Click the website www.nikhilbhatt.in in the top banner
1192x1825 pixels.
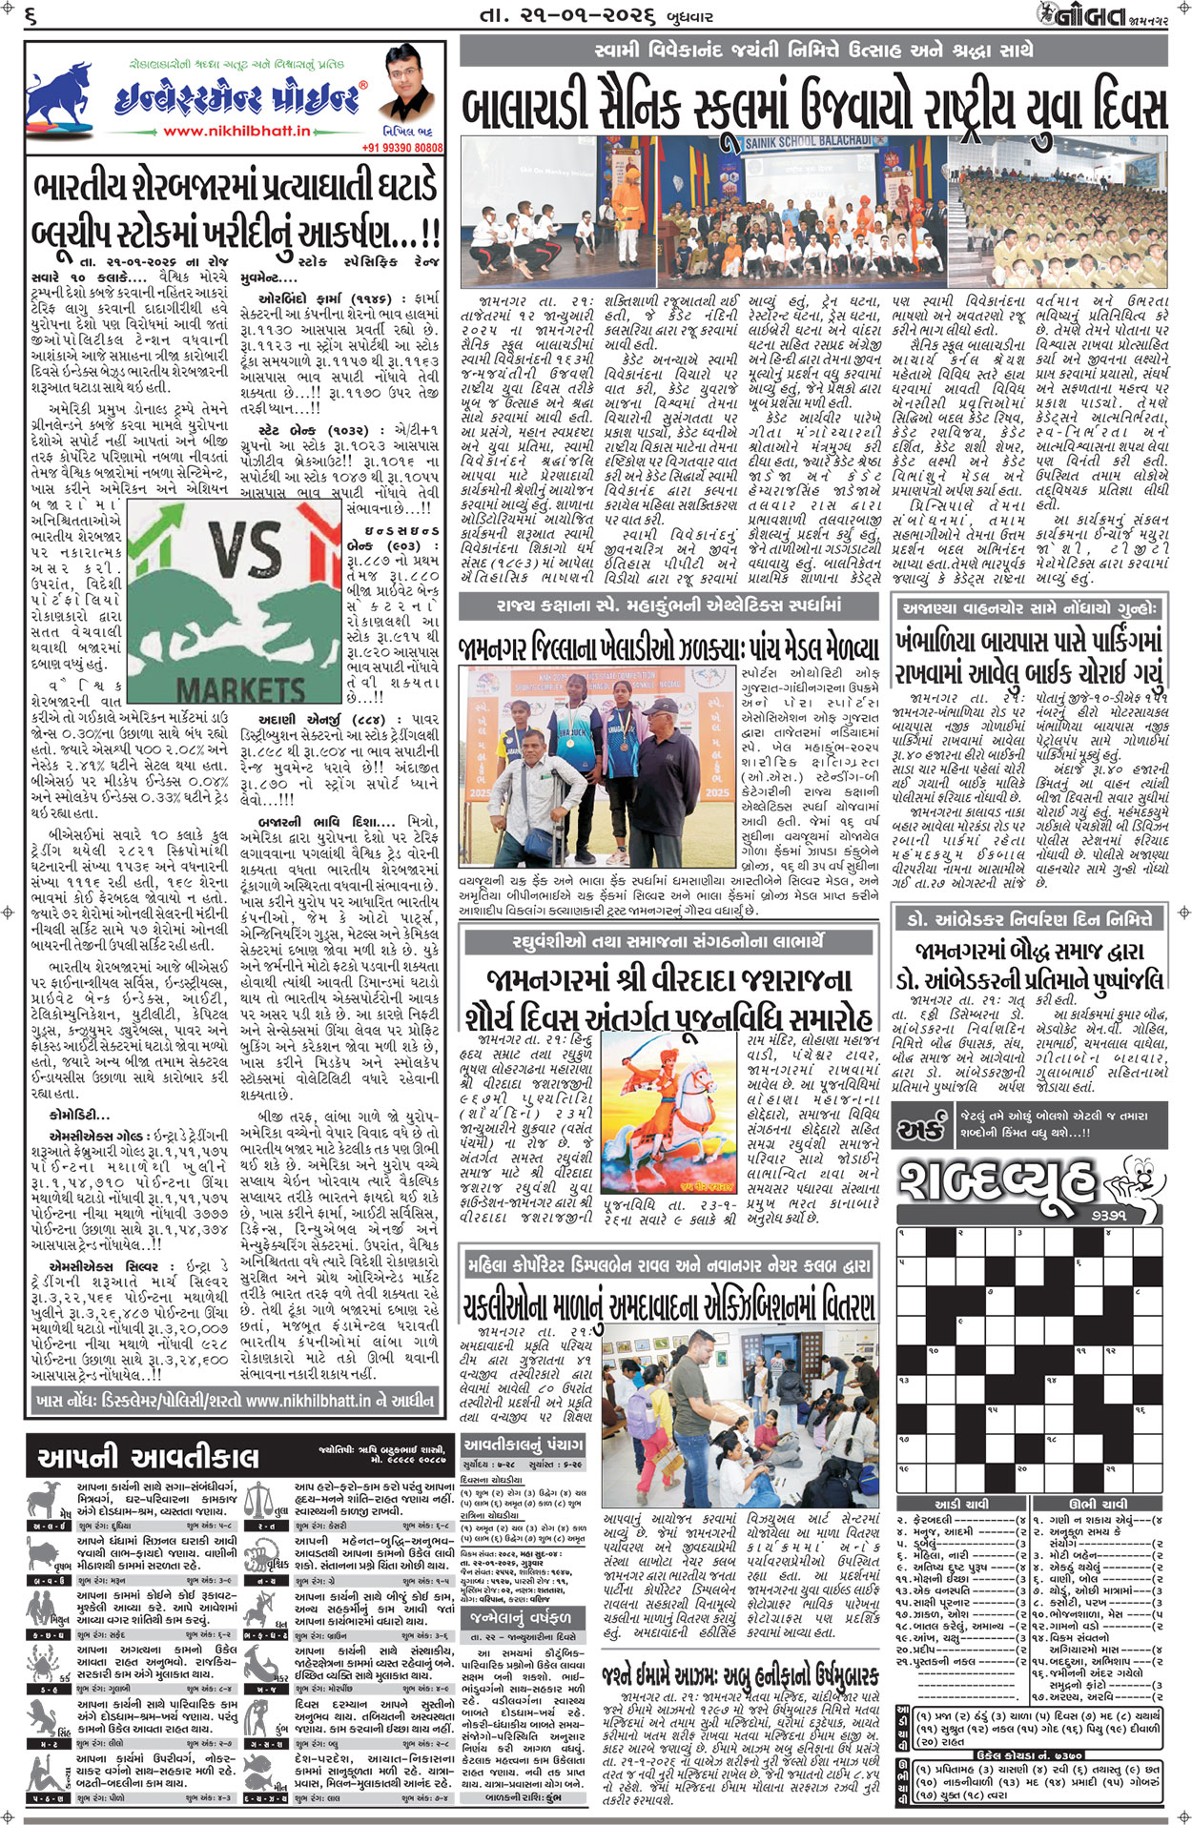pyautogui.click(x=236, y=131)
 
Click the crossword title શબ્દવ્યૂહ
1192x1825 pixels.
pyautogui.click(x=997, y=1182)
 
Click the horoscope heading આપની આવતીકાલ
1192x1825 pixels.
pyautogui.click(x=148, y=1456)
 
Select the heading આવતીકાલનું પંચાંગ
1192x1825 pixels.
pyautogui.click(x=523, y=1445)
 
